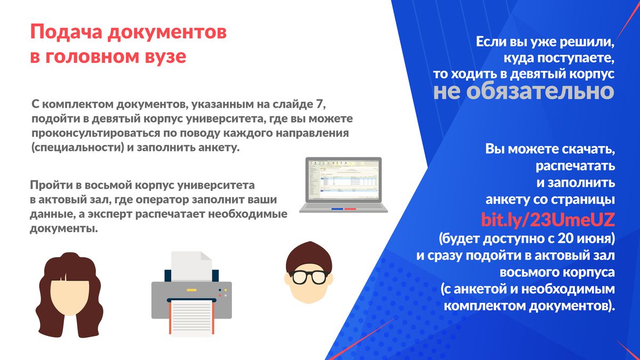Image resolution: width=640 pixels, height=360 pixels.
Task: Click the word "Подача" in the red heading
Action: pos(66,31)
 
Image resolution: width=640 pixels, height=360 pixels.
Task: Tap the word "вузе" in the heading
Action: pos(165,57)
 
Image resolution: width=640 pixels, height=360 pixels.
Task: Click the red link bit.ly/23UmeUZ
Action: pos(548,219)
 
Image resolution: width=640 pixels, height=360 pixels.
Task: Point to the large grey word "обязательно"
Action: pos(540,91)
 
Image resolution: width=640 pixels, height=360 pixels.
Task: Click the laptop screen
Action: pos(343,179)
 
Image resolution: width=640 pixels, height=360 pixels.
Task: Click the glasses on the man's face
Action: pos(309,277)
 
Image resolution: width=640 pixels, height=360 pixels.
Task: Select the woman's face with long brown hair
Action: pos(69,296)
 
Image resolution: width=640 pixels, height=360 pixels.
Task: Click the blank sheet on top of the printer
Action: pos(191,266)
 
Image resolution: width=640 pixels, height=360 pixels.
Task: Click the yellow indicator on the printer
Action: pos(191,290)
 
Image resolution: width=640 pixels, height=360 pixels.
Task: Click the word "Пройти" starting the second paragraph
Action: pos(51,185)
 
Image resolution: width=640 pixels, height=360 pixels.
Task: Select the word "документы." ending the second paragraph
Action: pos(63,229)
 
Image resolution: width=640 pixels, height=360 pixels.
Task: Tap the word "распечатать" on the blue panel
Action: pos(575,166)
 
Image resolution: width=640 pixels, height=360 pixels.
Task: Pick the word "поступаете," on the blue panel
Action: pos(559,58)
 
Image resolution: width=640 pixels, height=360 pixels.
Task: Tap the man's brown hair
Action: pos(309,255)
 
